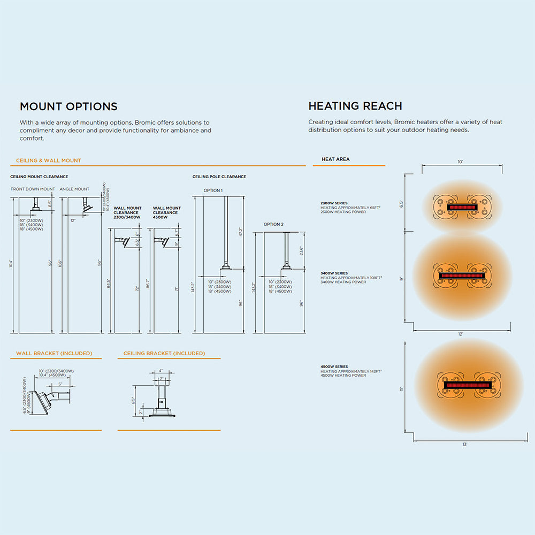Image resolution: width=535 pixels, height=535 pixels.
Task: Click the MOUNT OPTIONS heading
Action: click(x=68, y=106)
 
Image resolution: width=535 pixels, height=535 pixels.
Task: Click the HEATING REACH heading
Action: click(x=355, y=106)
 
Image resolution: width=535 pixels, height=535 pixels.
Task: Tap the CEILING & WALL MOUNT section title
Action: click(x=49, y=160)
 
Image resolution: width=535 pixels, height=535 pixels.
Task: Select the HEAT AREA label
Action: click(x=335, y=159)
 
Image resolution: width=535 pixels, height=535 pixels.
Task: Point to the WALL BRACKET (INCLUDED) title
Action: click(x=54, y=353)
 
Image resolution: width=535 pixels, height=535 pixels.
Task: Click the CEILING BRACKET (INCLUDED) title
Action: click(x=164, y=353)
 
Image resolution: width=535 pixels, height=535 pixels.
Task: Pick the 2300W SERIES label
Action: click(x=334, y=203)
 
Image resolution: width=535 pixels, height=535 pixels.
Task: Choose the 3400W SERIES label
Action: click(x=334, y=273)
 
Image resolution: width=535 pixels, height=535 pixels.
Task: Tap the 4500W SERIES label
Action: click(x=334, y=367)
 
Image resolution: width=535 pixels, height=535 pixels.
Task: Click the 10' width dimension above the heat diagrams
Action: click(x=460, y=162)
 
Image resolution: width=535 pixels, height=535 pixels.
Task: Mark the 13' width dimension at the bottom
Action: click(x=464, y=445)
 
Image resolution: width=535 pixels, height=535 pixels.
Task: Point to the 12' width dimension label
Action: click(x=461, y=334)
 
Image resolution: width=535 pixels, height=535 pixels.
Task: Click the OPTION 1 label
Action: click(x=213, y=190)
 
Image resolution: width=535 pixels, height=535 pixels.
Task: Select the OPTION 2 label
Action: click(x=273, y=224)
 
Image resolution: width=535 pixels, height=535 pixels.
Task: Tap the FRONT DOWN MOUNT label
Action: click(x=33, y=189)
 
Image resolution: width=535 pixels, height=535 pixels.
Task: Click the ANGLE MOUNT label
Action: click(x=74, y=189)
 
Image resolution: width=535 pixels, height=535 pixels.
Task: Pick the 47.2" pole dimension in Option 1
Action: click(x=240, y=232)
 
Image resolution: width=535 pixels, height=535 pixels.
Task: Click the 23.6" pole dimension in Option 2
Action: click(x=301, y=250)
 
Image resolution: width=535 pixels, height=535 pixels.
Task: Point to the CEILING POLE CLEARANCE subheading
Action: click(x=219, y=177)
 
